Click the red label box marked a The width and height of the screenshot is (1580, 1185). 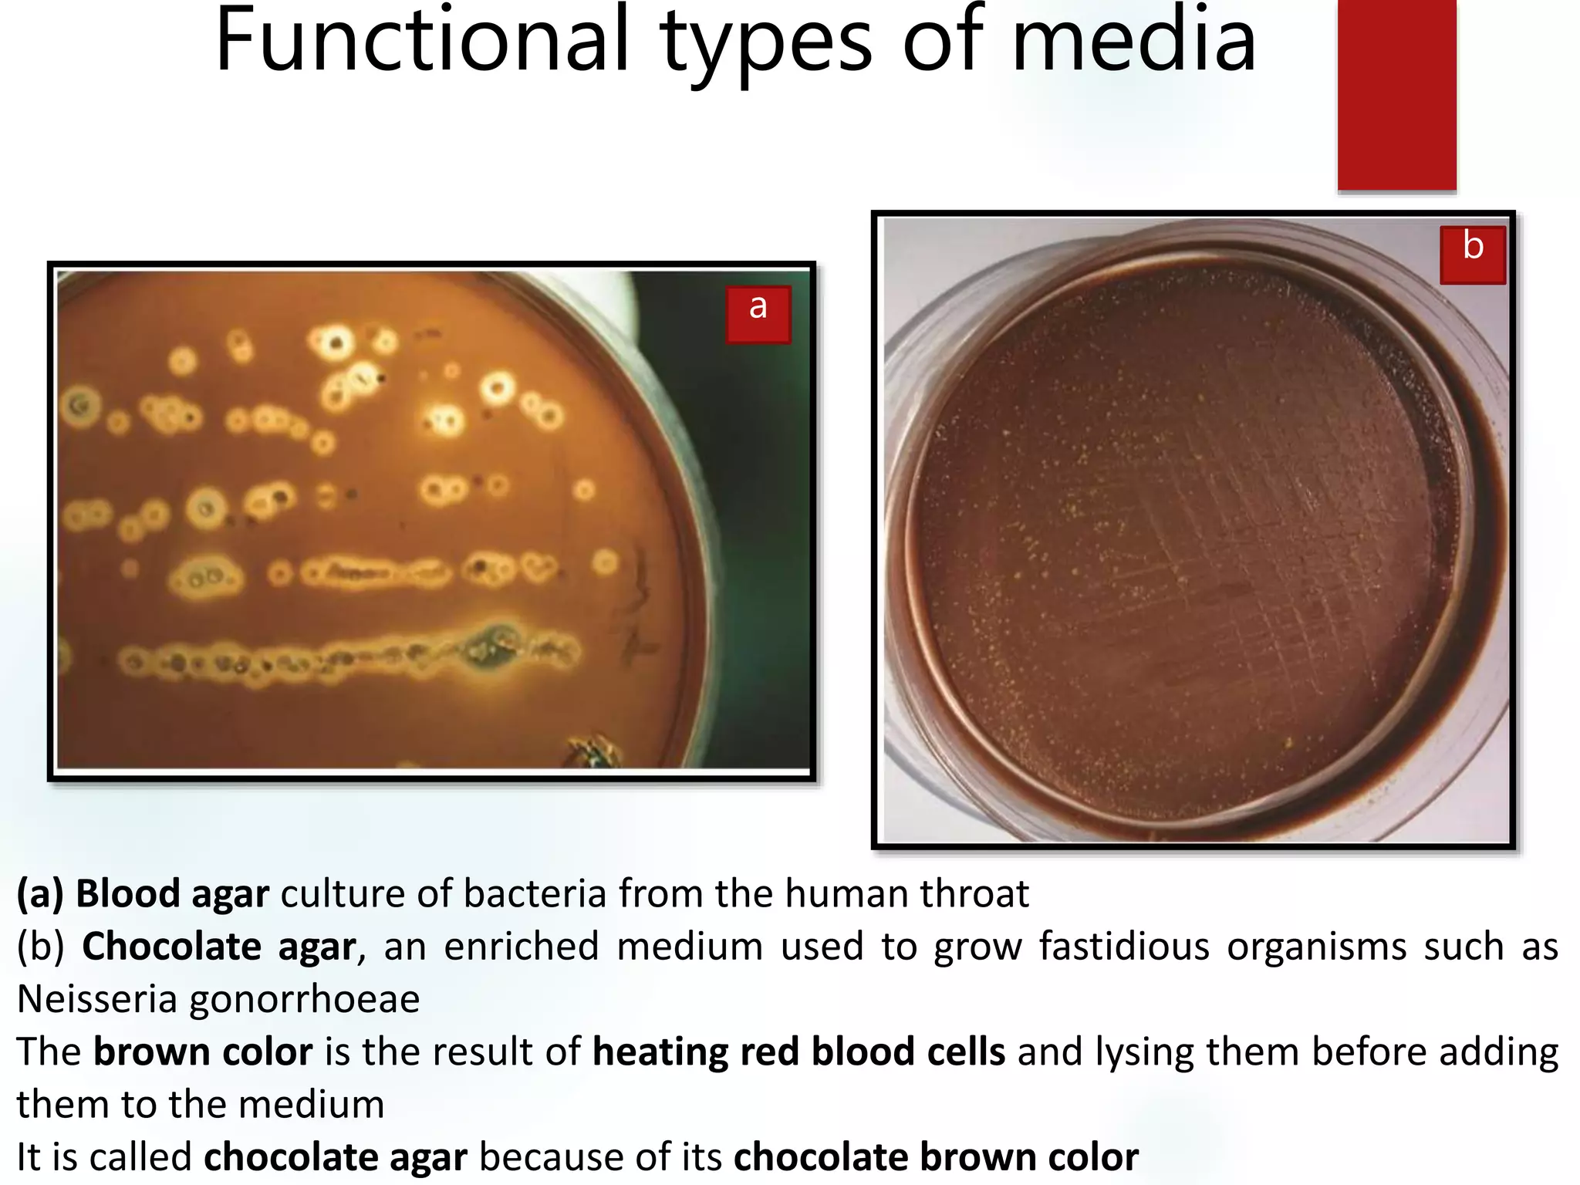pos(758,313)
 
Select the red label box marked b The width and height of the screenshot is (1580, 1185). pos(1472,255)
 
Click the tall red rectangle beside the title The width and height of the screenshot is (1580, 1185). pos(1396,94)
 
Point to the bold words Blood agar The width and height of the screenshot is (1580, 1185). pos(172,893)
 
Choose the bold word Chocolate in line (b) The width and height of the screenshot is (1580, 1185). pos(171,946)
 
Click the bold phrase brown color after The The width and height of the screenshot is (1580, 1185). pos(203,1052)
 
